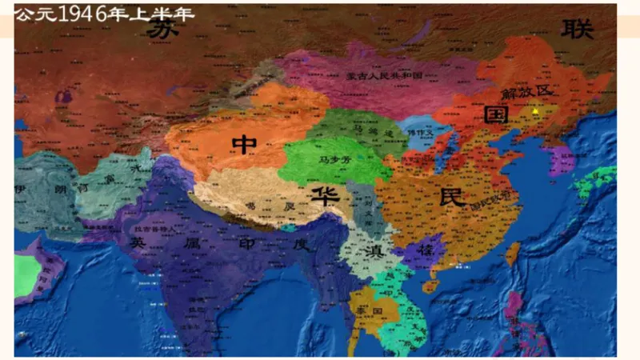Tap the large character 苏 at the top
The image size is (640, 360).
tap(162, 28)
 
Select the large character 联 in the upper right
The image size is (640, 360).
tap(578, 30)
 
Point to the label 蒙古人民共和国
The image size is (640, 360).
tap(384, 75)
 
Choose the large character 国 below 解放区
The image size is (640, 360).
tap(497, 114)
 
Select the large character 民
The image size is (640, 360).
tap(453, 197)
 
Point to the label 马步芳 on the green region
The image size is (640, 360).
tap(335, 160)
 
